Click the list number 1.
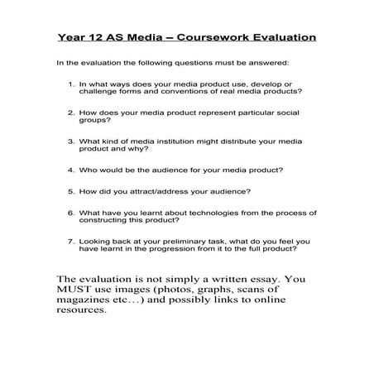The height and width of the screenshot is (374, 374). (x=70, y=84)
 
